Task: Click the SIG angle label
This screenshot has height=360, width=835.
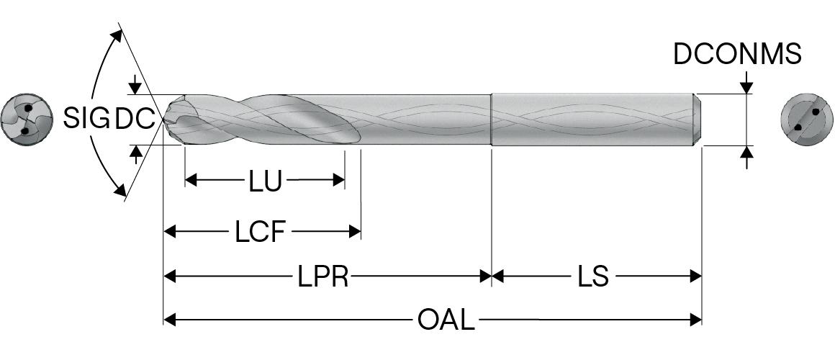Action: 85,117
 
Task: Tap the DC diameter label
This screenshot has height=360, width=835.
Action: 135,119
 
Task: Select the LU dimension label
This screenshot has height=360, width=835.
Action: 265,181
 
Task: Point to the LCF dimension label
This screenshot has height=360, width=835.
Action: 261,233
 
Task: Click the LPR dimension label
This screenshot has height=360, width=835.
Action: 323,276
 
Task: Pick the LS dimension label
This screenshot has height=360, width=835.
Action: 593,276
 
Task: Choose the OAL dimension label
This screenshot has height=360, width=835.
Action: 446,320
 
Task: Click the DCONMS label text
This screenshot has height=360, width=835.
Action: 737,55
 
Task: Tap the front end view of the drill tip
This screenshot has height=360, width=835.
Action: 27,120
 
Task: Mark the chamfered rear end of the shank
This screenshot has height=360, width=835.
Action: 698,119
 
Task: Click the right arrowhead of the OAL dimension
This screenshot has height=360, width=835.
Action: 695,319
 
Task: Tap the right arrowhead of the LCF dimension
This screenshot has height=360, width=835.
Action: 354,232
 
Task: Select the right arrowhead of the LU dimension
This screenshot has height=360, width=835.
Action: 339,180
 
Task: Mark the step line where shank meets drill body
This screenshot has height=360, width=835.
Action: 492,119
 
